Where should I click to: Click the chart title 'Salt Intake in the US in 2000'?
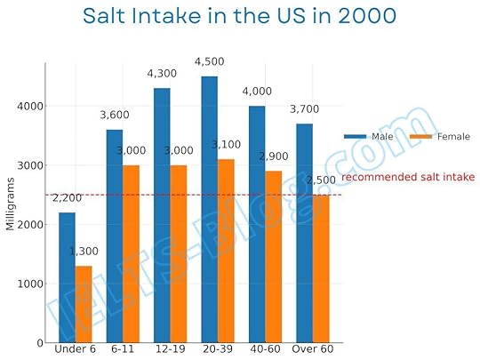pos(239,17)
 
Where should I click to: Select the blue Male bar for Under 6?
pos(68,277)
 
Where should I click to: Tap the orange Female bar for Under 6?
pos(83,304)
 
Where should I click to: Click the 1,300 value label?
pos(84,252)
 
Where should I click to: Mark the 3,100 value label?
pos(227,145)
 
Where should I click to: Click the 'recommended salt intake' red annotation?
pos(408,177)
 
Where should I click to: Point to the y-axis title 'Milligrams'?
pos(11,204)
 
